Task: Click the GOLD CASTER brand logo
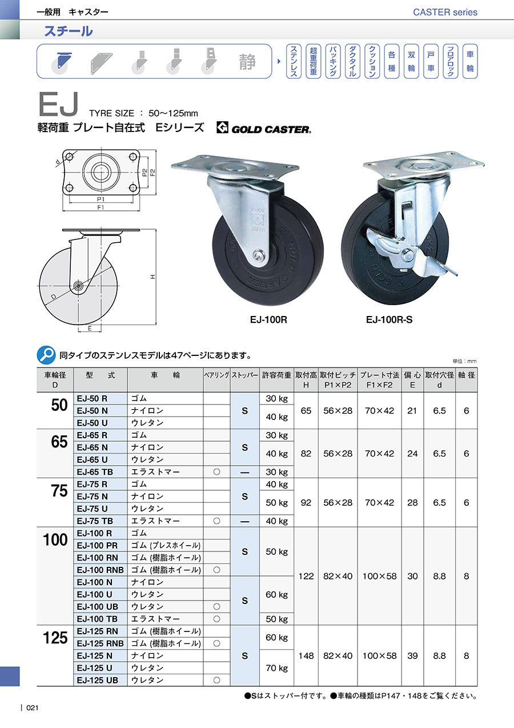264,128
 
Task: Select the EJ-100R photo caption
268,320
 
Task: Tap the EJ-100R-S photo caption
389,320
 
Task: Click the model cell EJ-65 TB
95,471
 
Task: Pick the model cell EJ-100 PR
97,545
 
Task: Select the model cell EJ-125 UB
97,680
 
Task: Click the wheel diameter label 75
59,490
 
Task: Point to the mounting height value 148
306,655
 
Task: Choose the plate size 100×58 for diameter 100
379,576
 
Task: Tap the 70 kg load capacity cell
276,668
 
